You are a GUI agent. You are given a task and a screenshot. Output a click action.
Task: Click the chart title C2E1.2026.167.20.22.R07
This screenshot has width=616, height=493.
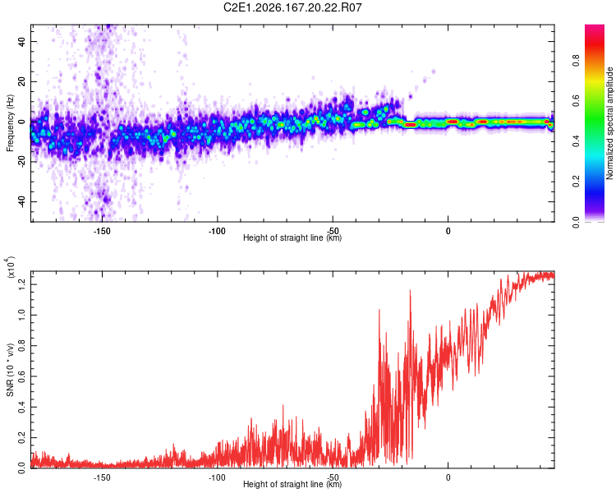(292, 7)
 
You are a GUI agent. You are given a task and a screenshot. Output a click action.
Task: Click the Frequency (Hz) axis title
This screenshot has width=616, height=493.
(10, 123)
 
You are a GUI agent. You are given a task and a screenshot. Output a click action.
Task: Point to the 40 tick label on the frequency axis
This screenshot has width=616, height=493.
(22, 41)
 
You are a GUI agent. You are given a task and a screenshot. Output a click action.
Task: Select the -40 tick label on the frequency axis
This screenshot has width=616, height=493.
(22, 201)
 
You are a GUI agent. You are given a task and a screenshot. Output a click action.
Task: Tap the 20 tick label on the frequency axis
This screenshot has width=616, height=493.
(22, 81)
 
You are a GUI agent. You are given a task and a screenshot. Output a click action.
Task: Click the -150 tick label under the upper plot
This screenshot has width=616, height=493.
(102, 231)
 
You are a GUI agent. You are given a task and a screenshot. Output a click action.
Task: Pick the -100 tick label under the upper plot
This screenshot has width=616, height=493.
(217, 231)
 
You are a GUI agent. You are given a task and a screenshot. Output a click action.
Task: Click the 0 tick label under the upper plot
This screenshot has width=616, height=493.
(448, 231)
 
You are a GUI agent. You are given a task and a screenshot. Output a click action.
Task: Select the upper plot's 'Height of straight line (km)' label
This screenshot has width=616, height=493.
(292, 237)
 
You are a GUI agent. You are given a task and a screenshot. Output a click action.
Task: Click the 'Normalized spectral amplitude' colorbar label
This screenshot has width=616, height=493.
(609, 123)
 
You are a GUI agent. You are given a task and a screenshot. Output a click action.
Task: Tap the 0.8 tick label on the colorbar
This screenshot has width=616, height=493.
(576, 61)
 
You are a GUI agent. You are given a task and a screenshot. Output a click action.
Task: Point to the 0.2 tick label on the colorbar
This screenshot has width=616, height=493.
(576, 182)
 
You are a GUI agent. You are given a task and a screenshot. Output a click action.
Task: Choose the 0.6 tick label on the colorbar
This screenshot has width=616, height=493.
(576, 101)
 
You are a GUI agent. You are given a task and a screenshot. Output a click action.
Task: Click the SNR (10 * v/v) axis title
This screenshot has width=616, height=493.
(10, 370)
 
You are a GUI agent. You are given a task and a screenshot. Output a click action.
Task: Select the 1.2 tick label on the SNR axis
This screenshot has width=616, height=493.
(22, 284)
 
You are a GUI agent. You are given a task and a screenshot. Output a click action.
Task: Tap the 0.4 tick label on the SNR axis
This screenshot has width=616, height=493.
(22, 407)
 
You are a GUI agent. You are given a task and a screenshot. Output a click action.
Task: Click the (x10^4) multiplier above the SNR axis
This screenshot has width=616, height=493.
(11, 267)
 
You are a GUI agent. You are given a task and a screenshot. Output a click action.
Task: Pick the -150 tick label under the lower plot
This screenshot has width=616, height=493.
(102, 477)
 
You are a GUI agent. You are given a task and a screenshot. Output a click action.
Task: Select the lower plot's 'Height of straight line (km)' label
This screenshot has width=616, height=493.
(292, 484)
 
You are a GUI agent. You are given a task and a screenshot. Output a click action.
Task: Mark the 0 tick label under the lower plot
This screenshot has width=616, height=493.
(448, 477)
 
